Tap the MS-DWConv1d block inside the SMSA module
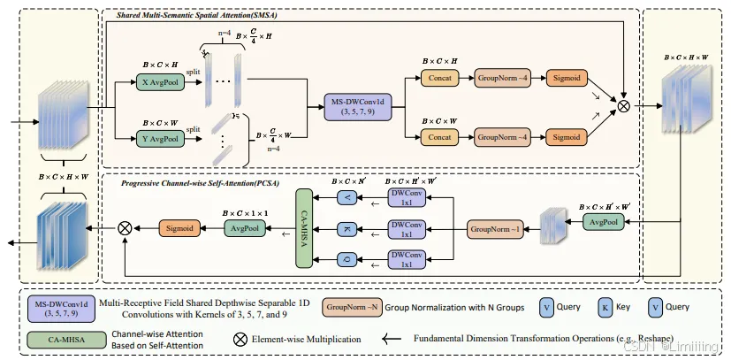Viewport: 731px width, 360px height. pos(354,108)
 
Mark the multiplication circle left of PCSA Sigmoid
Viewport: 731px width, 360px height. pos(125,227)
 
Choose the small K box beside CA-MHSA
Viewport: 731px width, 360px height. pos(346,229)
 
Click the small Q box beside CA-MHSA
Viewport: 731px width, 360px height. pos(346,260)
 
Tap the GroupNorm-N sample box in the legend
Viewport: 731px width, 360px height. pos(352,307)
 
